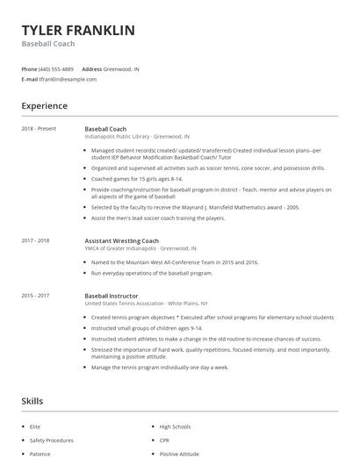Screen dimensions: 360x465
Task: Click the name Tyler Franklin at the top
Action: pyautogui.click(x=78, y=30)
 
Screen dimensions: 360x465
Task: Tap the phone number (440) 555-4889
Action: pyautogui.click(x=56, y=68)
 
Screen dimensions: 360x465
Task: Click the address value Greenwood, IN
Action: pyautogui.click(x=121, y=68)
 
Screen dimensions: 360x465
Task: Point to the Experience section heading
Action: pyautogui.click(x=45, y=106)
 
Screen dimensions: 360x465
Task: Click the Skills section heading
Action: pyautogui.click(x=32, y=401)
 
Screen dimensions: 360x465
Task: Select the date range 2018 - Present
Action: pyautogui.click(x=39, y=129)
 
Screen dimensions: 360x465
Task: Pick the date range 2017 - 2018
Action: pyautogui.click(x=36, y=240)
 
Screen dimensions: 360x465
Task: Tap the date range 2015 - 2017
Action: pyautogui.click(x=36, y=297)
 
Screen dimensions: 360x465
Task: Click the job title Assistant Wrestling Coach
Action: pyautogui.click(x=121, y=240)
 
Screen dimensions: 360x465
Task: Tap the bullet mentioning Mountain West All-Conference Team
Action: pyautogui.click(x=174, y=262)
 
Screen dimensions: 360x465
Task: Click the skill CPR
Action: pyautogui.click(x=165, y=440)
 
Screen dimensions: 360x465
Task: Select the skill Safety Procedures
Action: pyautogui.click(x=52, y=440)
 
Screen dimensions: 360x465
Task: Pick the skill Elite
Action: pyautogui.click(x=35, y=426)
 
